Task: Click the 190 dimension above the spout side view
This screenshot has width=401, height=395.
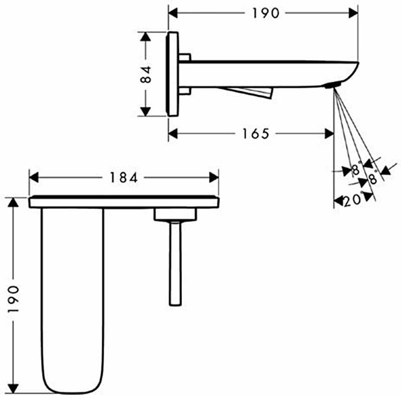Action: [263, 14]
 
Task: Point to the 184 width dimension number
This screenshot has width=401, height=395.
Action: [123, 177]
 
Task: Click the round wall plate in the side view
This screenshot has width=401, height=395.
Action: [173, 74]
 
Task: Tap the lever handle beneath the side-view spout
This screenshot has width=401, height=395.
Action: [251, 92]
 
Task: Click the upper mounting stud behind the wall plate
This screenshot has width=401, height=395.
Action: [184, 57]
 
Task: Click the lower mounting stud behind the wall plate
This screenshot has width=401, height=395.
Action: [184, 91]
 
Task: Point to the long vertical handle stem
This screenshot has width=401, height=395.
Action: [175, 263]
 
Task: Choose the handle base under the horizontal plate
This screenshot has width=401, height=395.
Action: [175, 215]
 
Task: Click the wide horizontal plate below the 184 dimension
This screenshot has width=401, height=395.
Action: [124, 202]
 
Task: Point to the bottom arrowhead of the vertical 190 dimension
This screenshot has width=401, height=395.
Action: [14, 388]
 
